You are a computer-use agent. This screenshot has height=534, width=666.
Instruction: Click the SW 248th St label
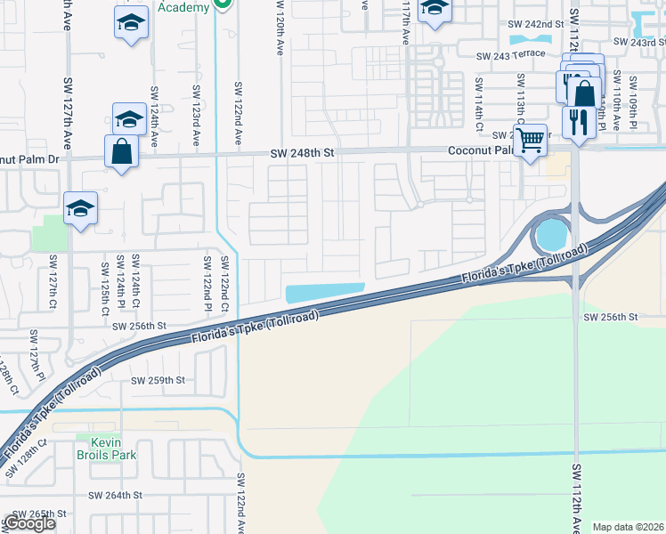click(x=303, y=154)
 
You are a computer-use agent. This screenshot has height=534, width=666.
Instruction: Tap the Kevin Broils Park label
click(x=111, y=447)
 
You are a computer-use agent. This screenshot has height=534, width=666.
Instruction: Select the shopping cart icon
click(x=530, y=139)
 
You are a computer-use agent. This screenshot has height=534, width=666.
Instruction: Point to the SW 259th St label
click(x=158, y=380)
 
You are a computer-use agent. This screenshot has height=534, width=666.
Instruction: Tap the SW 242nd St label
click(x=536, y=25)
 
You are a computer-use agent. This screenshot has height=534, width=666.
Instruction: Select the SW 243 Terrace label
click(x=510, y=55)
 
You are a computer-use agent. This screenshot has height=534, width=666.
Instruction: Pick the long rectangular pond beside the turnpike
click(x=324, y=293)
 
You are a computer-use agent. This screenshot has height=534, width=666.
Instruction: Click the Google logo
click(x=29, y=523)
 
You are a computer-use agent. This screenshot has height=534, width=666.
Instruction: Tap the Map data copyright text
click(x=629, y=527)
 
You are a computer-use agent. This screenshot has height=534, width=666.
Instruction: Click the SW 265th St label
click(x=36, y=514)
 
